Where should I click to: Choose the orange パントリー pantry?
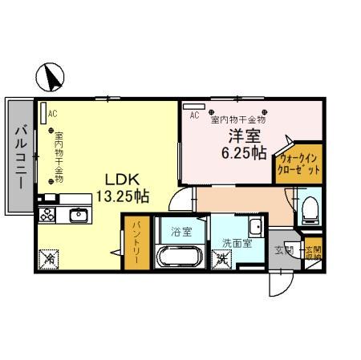[135, 240]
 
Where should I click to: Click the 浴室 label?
[180, 233]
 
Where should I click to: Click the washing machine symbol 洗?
[221, 259]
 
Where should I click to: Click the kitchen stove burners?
[47, 216]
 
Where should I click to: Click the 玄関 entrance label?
[285, 250]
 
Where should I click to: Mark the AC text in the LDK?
[52, 114]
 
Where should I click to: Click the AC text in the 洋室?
[194, 115]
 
